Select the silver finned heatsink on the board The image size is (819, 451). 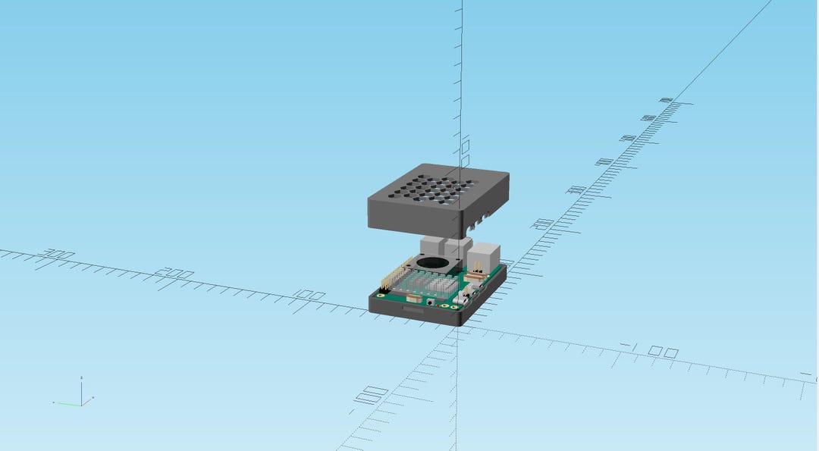pos(432,285)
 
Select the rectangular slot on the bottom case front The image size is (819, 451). pos(415,310)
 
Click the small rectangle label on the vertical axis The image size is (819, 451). pos(466,146)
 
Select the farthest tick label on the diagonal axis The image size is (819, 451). pos(666,100)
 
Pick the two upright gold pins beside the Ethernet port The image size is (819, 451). pos(477,267)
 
